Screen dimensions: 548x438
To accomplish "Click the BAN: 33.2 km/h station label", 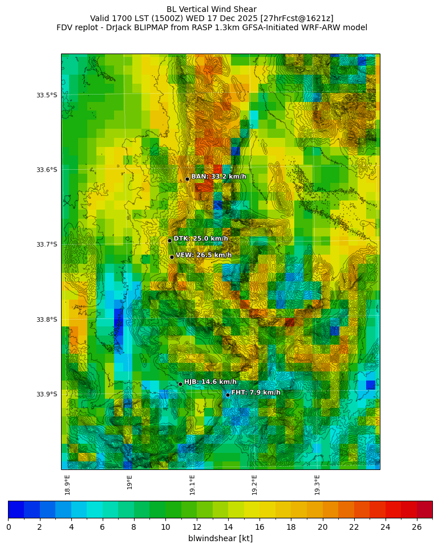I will pos(218,177).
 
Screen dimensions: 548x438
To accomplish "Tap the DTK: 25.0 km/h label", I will pos(201,239).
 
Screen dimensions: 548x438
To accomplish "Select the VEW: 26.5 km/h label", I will pos(204,255).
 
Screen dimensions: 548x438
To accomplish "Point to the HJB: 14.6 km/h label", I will pos(210,382).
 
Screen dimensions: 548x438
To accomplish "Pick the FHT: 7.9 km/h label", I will pos(255,392).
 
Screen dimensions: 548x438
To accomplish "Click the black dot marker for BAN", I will pos(187,179).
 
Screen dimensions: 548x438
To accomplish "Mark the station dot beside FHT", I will pos(228,395).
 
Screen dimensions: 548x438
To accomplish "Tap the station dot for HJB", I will pos(180,384).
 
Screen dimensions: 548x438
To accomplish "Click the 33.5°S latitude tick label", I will pos(47,95).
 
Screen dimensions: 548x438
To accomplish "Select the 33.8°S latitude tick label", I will pos(47,320).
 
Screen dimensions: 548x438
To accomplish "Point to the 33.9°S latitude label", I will pos(47,394).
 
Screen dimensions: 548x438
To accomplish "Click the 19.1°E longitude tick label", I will pos(192,485).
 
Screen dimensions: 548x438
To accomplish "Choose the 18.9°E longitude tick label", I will pos(67,485).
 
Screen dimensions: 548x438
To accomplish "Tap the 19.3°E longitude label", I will pos(317,485).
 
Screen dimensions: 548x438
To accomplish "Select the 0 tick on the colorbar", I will pos(9,527).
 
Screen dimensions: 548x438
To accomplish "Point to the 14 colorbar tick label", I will pos(228,527).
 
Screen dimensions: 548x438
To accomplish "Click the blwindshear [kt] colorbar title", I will pos(220,538).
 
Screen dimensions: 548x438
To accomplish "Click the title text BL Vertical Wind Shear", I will pos(212,9).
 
